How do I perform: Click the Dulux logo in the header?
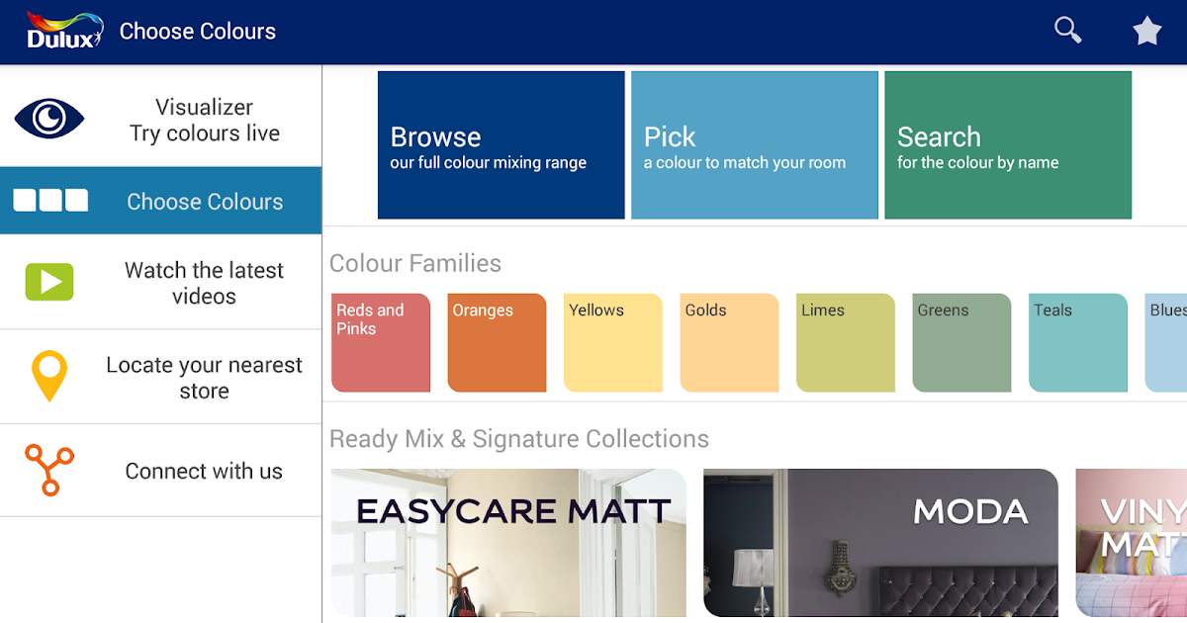[64, 31]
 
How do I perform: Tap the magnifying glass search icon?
[1067, 30]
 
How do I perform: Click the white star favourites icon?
[1147, 31]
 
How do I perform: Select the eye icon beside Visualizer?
[49, 118]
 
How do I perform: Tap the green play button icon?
[49, 281]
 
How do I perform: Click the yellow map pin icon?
[49, 376]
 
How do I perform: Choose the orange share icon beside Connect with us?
[49, 470]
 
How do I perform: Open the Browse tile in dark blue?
[501, 145]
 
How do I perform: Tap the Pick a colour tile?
[755, 145]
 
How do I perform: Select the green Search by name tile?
[1008, 145]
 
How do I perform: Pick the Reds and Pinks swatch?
[381, 343]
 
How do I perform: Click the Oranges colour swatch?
[497, 343]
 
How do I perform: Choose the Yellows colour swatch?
[613, 343]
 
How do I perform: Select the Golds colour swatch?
[729, 343]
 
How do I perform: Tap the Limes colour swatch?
[845, 343]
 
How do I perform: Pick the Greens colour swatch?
[961, 343]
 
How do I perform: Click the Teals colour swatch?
[1078, 343]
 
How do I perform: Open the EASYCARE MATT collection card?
[508, 543]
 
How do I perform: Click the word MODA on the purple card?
[970, 512]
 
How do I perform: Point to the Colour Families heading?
[414, 263]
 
